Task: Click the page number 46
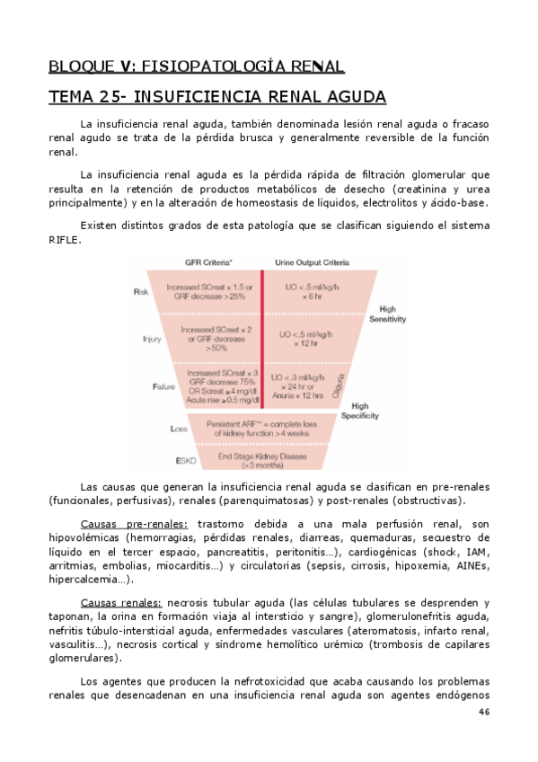(484, 712)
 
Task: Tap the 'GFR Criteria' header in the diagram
(209, 263)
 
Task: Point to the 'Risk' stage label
(141, 291)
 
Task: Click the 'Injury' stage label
(151, 339)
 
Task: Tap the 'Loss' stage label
(178, 429)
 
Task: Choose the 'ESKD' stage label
(186, 460)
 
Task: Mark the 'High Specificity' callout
(359, 411)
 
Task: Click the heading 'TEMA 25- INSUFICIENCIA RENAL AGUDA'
(216, 96)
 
